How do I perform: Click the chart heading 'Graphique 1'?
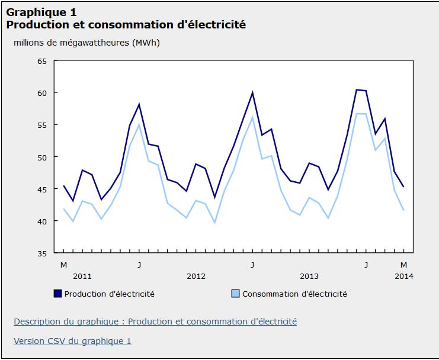[x=41, y=12]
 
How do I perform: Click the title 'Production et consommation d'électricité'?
[x=126, y=25]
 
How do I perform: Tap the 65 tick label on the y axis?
[x=42, y=61]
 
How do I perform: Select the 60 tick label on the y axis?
[x=42, y=93]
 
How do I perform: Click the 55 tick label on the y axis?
[x=42, y=125]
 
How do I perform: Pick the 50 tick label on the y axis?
[x=42, y=157]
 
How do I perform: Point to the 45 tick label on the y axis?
[x=42, y=189]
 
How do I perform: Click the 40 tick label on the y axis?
[x=42, y=221]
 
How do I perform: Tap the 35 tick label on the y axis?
[x=42, y=253]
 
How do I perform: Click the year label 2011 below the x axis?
[x=82, y=276]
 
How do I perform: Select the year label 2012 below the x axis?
[x=196, y=276]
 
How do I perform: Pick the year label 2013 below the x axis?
[x=309, y=276]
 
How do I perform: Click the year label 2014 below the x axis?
[x=403, y=276]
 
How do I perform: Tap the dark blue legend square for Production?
[x=57, y=294]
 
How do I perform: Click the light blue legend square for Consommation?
[x=235, y=294]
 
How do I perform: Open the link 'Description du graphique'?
[x=155, y=322]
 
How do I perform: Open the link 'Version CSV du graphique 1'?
[x=72, y=341]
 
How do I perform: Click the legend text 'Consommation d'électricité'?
[x=294, y=294]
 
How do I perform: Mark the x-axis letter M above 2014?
[x=403, y=264]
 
